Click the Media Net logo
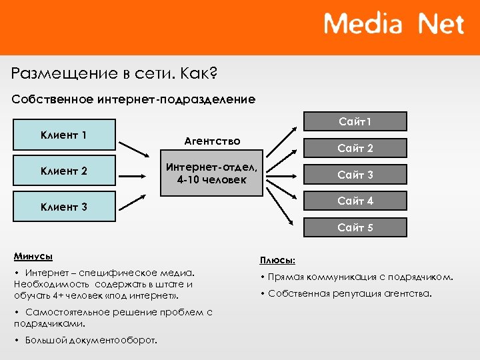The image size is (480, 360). [x=393, y=25]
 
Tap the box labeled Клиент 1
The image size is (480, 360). [x=64, y=135]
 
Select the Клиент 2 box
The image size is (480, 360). [x=64, y=171]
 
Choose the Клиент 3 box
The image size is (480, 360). [x=64, y=207]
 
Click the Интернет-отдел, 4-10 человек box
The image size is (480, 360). [x=212, y=175]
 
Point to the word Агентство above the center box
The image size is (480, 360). [x=212, y=141]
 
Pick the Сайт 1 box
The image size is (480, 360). [x=355, y=121]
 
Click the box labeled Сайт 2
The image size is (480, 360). [x=355, y=148]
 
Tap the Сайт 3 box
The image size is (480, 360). [x=355, y=175]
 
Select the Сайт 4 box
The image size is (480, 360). [x=355, y=201]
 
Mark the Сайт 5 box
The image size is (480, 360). [x=355, y=227]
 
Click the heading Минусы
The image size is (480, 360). [x=33, y=256]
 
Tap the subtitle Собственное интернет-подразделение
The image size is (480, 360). [x=133, y=99]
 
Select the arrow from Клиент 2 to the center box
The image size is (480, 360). [x=138, y=175]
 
